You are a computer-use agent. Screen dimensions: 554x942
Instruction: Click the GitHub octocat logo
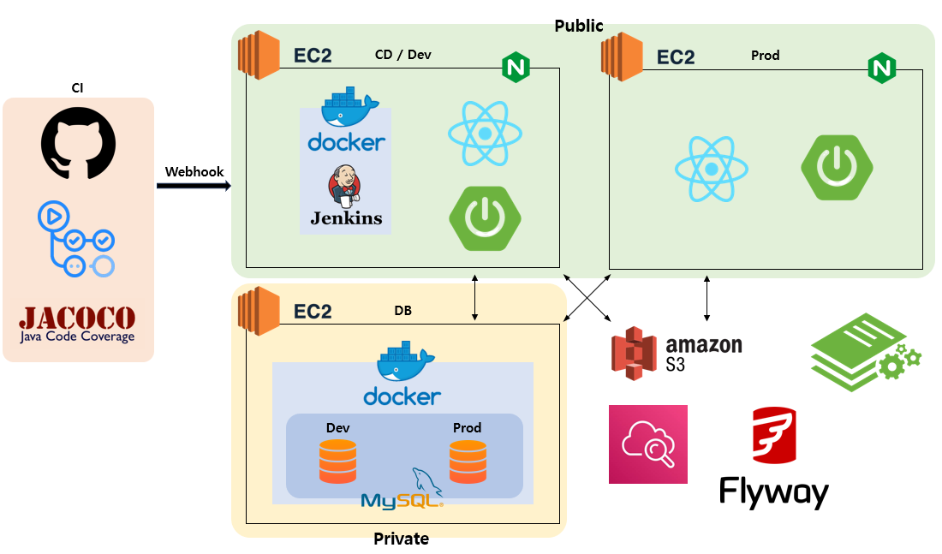coord(78,146)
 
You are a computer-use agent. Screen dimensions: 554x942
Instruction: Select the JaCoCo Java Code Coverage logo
coord(78,324)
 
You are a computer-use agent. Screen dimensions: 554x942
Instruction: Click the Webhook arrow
coord(194,183)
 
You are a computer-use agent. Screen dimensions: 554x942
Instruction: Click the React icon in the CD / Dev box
coord(486,134)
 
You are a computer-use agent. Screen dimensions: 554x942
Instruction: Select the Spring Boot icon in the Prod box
coord(837,167)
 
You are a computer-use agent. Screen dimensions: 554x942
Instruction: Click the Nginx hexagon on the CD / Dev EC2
coord(516,67)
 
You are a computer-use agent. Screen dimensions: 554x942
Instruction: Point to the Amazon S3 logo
coord(677,353)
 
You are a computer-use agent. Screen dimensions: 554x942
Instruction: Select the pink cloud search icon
coord(647,444)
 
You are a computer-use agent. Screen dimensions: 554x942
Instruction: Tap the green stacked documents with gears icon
coord(864,352)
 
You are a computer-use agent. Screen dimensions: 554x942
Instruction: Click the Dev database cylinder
coord(337,461)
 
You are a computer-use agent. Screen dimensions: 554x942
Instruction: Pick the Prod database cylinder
coord(468,461)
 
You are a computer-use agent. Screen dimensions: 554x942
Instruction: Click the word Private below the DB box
coord(401,539)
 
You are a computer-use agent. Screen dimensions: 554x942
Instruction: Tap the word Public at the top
coord(579,26)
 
